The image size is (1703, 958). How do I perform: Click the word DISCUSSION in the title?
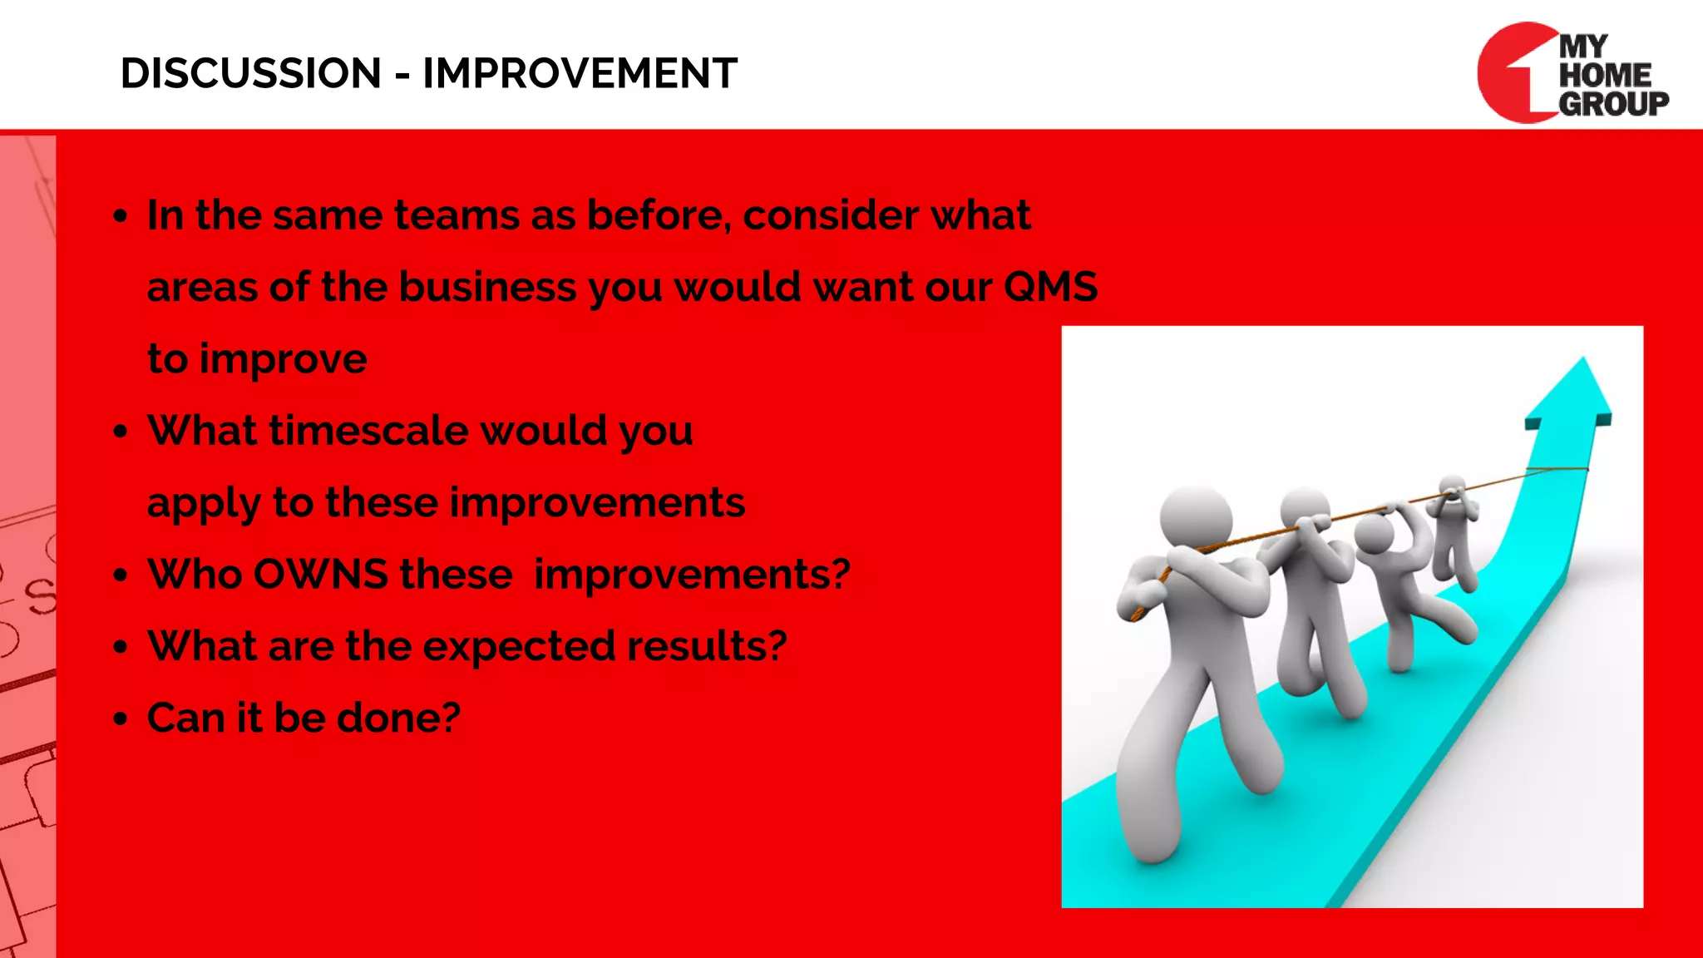[x=250, y=73]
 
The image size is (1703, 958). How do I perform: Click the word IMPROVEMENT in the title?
[x=580, y=73]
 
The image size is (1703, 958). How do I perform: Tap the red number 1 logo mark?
[x=1515, y=73]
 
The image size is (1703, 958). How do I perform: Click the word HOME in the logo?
[x=1604, y=76]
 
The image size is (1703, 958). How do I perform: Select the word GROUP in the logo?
[x=1613, y=104]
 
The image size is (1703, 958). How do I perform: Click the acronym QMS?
[x=1050, y=287]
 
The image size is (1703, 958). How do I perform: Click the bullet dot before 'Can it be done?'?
[x=121, y=718]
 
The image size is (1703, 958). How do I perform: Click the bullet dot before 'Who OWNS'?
[x=121, y=575]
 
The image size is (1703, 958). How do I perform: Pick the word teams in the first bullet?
[x=457, y=215]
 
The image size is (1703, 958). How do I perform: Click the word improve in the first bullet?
[x=283, y=359]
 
